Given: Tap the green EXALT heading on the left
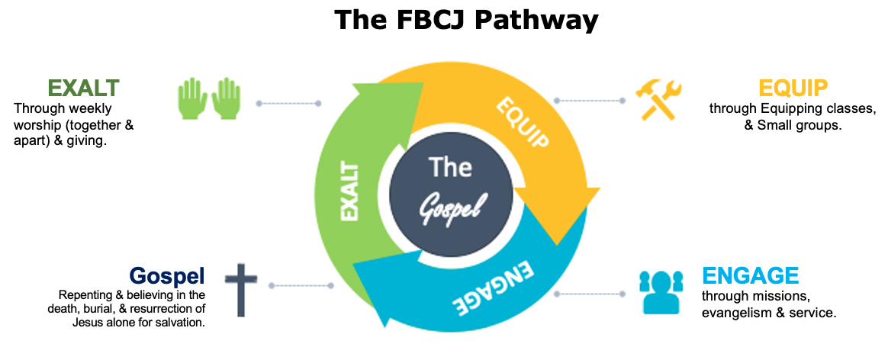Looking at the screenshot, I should [83, 88].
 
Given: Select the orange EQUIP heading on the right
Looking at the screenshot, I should [793, 88].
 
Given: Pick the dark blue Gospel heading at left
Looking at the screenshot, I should [166, 275].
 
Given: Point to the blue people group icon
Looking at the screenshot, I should [659, 292].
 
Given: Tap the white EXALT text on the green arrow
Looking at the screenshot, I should [349, 190].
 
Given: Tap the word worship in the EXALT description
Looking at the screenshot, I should [35, 124].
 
